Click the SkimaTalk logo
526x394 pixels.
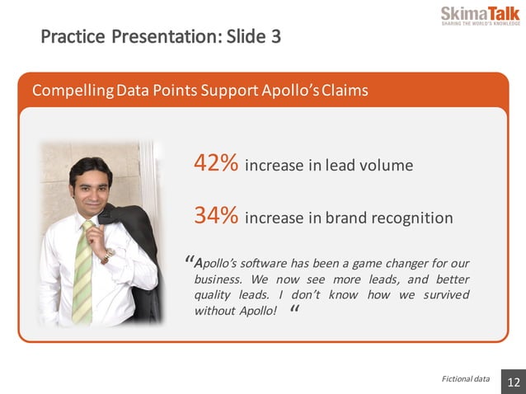(480, 16)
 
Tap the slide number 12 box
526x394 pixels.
(513, 382)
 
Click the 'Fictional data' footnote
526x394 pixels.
(465, 379)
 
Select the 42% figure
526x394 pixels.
(216, 163)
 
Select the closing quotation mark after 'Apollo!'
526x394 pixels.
(295, 312)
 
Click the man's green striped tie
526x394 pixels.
(83, 272)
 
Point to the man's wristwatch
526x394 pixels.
(106, 256)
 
